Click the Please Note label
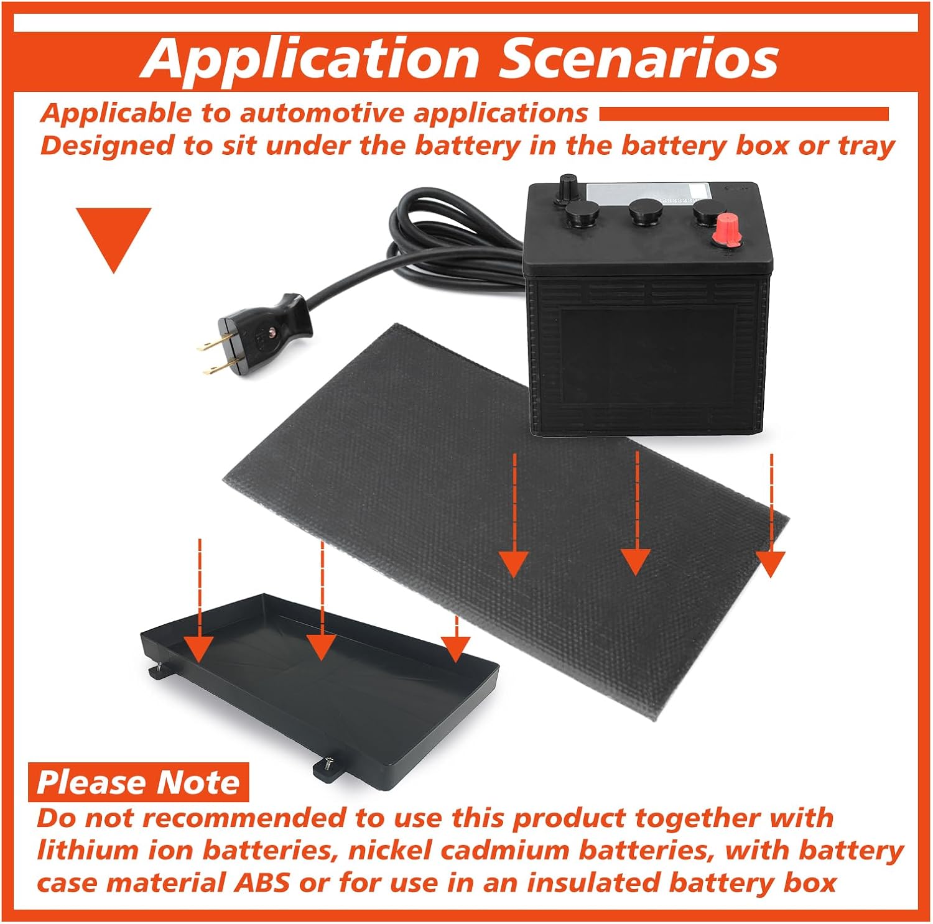click(x=138, y=782)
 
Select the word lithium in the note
click(x=77, y=850)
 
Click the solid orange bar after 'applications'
click(x=744, y=114)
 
